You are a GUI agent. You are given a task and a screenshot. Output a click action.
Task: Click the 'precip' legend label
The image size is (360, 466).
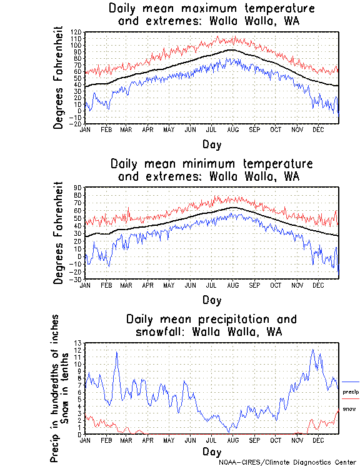[350, 392]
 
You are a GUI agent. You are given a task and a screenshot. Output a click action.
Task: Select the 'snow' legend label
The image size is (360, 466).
[350, 408]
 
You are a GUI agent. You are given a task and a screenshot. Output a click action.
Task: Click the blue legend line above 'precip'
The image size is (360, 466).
[350, 382]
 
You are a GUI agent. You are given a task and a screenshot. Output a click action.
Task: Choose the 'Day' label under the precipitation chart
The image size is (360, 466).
[211, 451]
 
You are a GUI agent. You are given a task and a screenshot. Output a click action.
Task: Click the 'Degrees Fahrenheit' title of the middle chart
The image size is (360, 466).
[59, 233]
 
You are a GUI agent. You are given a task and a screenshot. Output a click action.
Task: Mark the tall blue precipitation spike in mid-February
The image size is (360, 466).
[116, 353]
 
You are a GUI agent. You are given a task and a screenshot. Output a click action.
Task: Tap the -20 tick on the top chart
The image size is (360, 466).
[76, 124]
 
